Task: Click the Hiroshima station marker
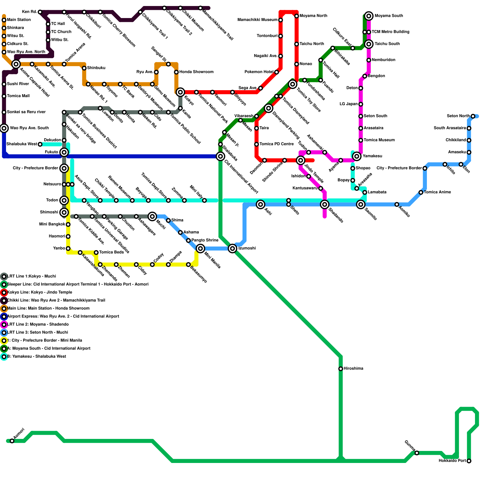341,369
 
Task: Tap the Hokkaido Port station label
452,461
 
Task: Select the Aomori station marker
12,441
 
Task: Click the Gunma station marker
417,453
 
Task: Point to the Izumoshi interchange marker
232,248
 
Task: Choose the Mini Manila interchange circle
201,248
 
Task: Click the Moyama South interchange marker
369,16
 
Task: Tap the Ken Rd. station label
29,12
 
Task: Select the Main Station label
19,20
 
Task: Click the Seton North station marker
473,116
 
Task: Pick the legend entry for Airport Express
63,316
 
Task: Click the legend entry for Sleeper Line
78,284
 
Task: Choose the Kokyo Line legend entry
40,292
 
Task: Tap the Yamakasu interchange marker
357,156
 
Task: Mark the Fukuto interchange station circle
64,152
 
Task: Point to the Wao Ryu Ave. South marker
4,128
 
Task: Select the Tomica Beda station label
111,252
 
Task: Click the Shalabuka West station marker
40,144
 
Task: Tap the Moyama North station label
313,16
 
